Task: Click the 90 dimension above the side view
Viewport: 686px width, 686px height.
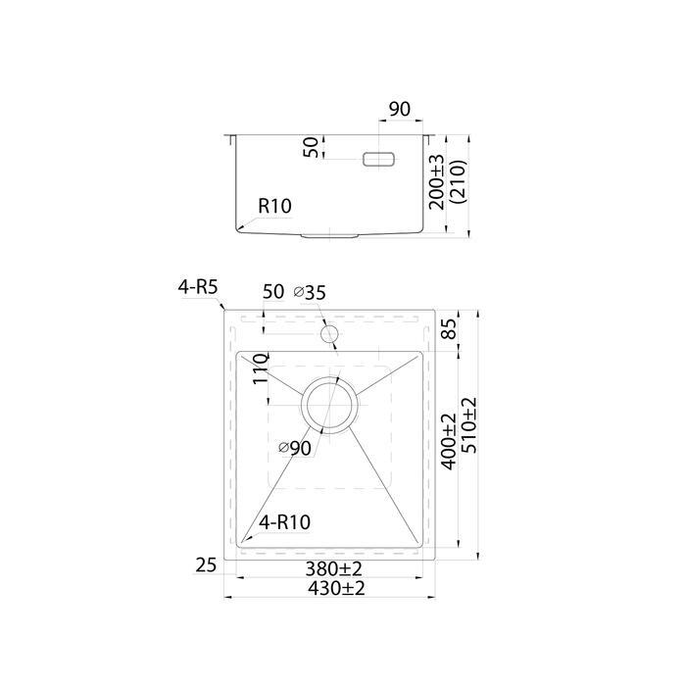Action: [x=400, y=110]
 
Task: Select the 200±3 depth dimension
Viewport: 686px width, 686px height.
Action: [x=436, y=182]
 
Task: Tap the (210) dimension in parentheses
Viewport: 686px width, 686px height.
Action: [x=459, y=182]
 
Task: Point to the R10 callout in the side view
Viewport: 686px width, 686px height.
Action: [x=274, y=206]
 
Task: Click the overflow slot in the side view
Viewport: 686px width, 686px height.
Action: [x=379, y=160]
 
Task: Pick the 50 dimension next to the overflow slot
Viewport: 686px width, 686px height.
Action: [x=311, y=147]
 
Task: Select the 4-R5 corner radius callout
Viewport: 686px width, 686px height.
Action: [x=197, y=287]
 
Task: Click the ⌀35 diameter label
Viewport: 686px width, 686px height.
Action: [x=310, y=292]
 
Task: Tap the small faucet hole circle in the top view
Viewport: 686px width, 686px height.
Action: [x=329, y=334]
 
